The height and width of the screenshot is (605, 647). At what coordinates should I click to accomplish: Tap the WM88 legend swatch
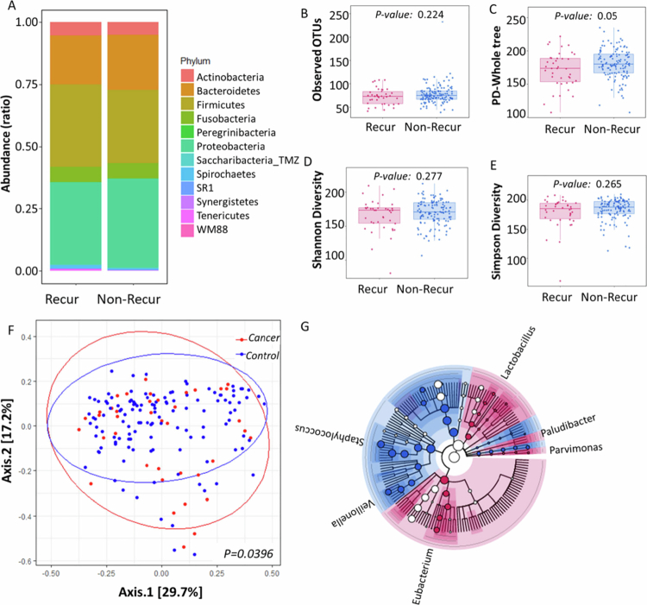[x=187, y=229]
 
